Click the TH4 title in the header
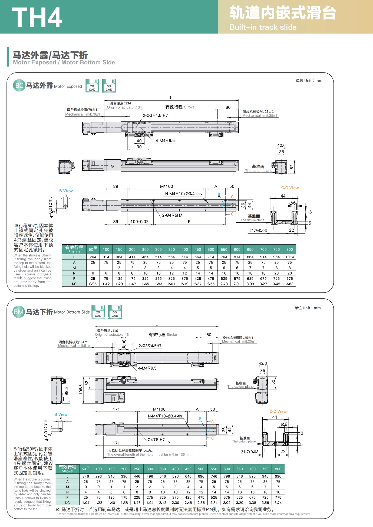(x=37, y=17)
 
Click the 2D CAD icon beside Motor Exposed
(x=92, y=86)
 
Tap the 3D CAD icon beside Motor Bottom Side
(x=115, y=312)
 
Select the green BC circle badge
(x=19, y=86)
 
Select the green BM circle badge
(x=18, y=312)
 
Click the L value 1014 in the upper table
(x=289, y=257)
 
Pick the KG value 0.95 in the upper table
(x=93, y=284)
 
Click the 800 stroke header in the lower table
(x=278, y=469)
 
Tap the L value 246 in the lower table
(x=86, y=476)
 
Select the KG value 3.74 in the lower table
(x=278, y=503)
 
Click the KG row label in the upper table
(x=74, y=284)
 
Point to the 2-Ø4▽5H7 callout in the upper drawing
(x=172, y=215)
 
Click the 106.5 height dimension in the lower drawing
(x=81, y=390)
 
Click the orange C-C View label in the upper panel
(x=290, y=188)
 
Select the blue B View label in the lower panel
(x=61, y=414)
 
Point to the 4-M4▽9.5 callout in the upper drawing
(x=165, y=141)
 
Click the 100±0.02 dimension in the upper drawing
(x=140, y=222)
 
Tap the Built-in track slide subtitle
(x=263, y=27)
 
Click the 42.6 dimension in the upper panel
(x=281, y=146)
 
